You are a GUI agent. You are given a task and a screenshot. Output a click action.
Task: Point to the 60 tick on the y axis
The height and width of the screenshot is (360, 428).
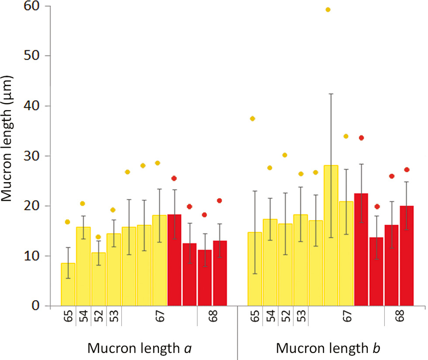pyautogui.click(x=33, y=6)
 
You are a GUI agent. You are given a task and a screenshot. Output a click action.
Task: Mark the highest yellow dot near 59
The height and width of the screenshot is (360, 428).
pyautogui.click(x=328, y=10)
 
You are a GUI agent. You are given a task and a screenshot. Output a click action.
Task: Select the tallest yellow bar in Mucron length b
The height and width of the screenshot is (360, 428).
pyautogui.click(x=331, y=235)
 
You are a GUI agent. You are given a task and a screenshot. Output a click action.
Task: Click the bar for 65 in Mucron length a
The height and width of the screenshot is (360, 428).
pyautogui.click(x=68, y=284)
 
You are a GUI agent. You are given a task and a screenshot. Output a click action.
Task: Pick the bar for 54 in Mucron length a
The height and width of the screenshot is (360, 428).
pyautogui.click(x=83, y=267)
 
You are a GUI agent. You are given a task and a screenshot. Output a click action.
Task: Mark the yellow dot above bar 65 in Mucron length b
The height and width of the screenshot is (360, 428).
pyautogui.click(x=252, y=119)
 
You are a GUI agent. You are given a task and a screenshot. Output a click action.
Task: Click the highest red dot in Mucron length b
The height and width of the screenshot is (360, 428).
pyautogui.click(x=361, y=138)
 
